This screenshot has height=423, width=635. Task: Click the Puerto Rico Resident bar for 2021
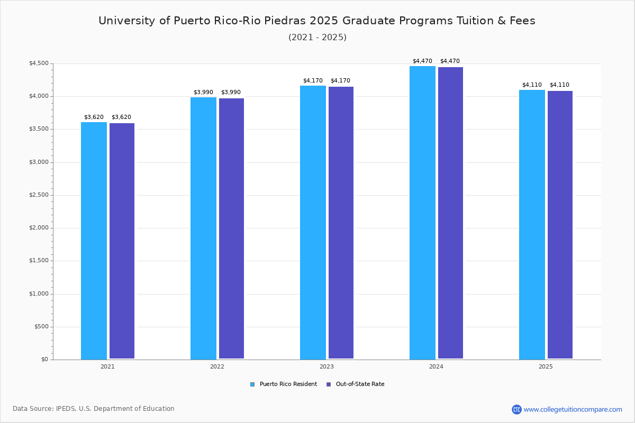(94, 241)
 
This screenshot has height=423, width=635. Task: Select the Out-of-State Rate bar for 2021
(122, 241)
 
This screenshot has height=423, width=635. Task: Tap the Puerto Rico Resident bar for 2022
(203, 228)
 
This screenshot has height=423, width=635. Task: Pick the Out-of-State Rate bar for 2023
(341, 223)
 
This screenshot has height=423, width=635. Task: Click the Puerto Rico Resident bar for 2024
(422, 213)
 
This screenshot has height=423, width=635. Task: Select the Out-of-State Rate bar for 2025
(560, 225)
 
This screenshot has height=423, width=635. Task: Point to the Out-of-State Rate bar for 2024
(450, 213)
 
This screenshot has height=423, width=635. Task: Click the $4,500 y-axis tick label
(38, 63)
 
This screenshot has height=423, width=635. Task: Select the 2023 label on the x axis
(326, 366)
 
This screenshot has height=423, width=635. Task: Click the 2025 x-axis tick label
(546, 366)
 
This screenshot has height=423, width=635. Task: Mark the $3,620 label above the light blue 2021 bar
(94, 117)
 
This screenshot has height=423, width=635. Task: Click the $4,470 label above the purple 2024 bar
(450, 61)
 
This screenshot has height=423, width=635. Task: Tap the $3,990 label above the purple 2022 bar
(231, 93)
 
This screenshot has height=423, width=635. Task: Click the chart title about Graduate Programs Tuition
(317, 21)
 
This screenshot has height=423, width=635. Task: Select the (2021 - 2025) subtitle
(317, 38)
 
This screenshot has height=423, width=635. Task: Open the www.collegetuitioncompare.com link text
(573, 409)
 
